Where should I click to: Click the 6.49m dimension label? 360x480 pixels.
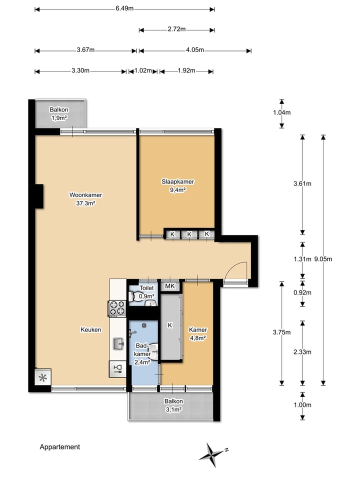tap(124, 8)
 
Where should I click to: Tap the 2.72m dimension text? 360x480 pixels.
tap(176, 29)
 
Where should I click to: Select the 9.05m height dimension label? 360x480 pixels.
tap(323, 259)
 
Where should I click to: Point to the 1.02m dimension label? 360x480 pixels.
tap(143, 70)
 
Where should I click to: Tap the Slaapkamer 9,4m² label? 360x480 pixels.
tap(178, 186)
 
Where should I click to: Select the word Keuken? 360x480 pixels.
tap(91, 329)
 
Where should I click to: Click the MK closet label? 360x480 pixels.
tap(170, 286)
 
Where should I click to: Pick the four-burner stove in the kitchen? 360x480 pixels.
tap(117, 308)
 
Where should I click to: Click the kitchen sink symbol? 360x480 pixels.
tap(118, 344)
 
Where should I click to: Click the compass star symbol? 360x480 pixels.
tap(212, 455)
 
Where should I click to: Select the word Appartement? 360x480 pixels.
tap(59, 447)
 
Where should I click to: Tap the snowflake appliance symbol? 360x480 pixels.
tap(43, 378)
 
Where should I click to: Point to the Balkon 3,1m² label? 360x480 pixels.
tap(173, 405)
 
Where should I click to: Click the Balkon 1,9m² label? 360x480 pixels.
tap(59, 113)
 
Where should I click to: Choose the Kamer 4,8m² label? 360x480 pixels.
tap(198, 333)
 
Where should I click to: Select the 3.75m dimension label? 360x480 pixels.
tap(282, 332)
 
